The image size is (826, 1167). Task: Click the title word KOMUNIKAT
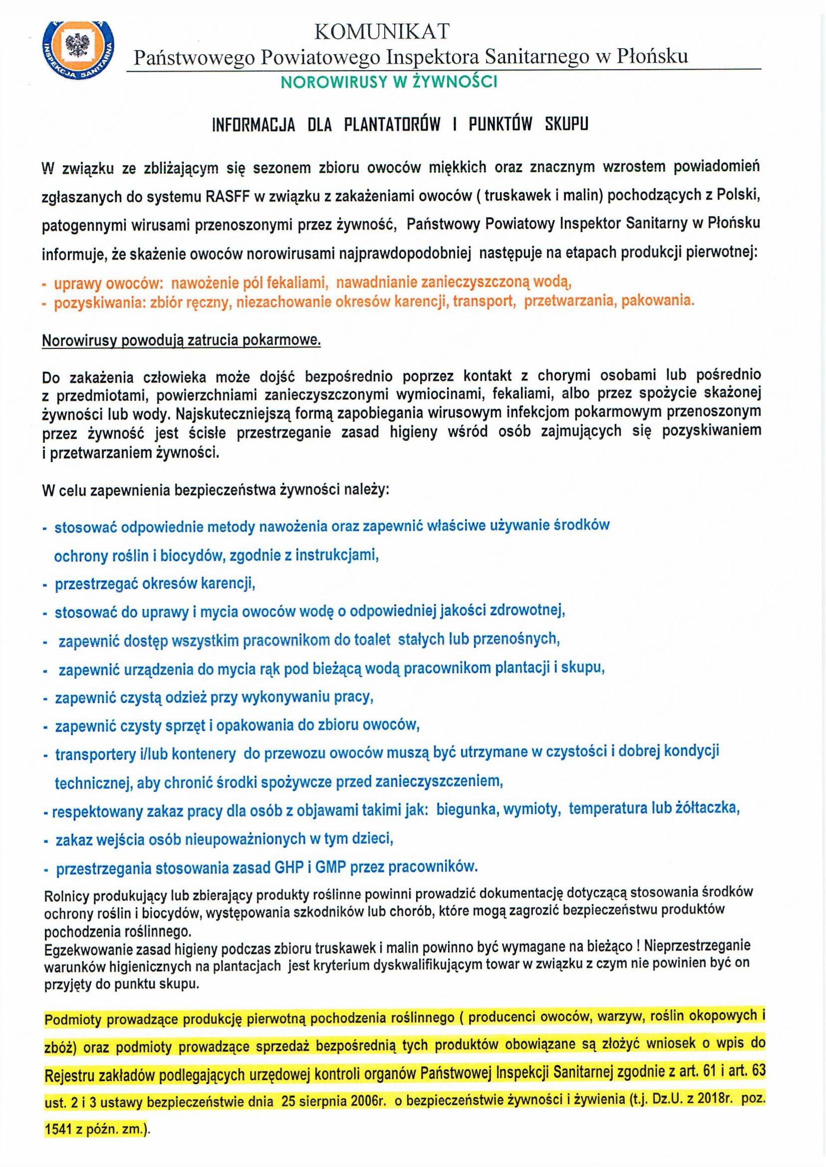point(383,32)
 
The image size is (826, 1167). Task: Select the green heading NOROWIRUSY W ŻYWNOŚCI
point(389,82)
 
